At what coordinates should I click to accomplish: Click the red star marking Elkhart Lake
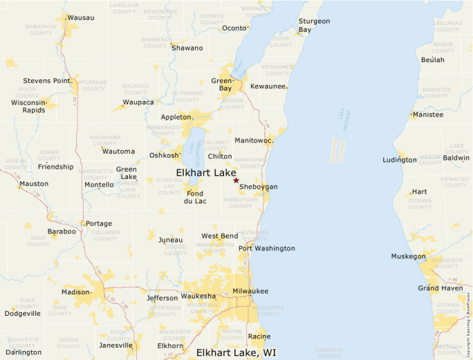coord(236,180)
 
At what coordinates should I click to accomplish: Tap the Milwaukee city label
coord(250,291)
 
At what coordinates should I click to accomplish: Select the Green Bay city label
coord(222,85)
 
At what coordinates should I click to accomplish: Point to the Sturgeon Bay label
coord(314,26)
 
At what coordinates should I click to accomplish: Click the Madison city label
coord(75,292)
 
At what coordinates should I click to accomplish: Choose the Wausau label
coord(81,17)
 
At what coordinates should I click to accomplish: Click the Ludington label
coord(400,160)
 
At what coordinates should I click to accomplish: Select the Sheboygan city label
coord(259,187)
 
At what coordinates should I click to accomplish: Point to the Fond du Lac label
coord(196,197)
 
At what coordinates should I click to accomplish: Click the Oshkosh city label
coord(164,155)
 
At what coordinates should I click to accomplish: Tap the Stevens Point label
coord(47,81)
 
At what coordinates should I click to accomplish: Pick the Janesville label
coord(115,345)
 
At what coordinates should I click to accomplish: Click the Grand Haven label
coord(438,288)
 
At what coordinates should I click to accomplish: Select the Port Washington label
coord(267,248)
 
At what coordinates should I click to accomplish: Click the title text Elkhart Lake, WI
coord(236,352)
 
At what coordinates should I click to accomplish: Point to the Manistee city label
coord(427,115)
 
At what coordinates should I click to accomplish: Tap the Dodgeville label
coord(23,313)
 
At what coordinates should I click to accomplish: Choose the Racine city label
coord(259,337)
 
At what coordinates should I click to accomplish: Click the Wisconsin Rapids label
coord(28,106)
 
